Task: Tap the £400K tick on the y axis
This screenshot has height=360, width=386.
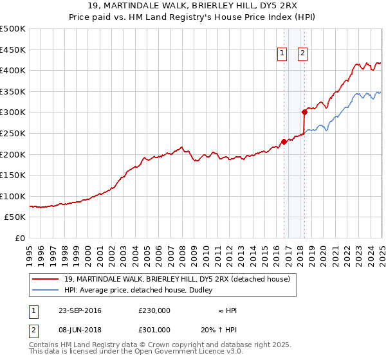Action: coord(13,70)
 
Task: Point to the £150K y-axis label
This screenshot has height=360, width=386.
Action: coord(13,175)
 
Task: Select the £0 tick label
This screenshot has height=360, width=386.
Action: coord(21,238)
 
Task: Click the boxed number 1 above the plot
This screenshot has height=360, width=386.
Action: coord(282,54)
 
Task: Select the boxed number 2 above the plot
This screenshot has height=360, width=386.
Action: coord(302,54)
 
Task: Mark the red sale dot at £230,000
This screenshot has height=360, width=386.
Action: coord(284,141)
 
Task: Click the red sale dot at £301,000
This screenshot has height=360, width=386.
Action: coord(304,112)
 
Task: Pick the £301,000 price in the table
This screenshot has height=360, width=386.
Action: coord(154,328)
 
